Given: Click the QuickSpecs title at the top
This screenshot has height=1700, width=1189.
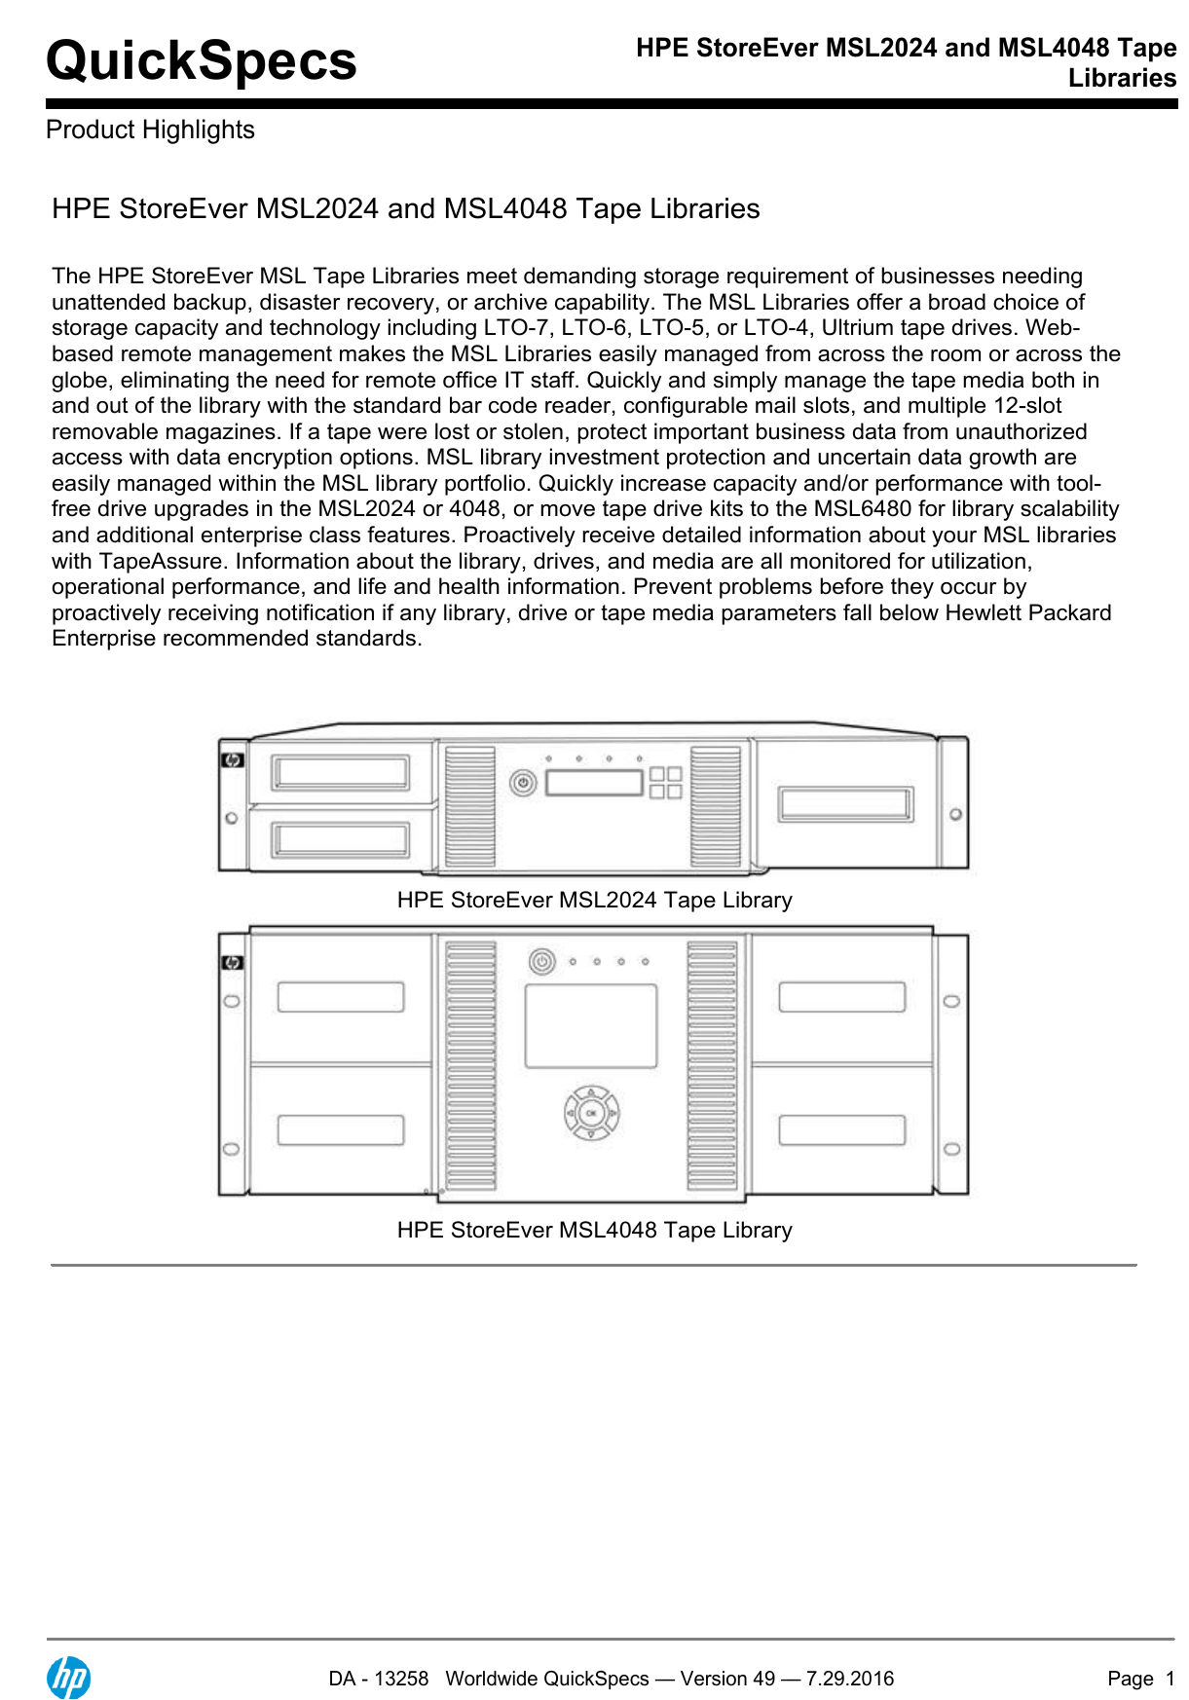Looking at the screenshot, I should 201,60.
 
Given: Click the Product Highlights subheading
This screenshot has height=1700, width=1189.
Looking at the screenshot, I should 150,129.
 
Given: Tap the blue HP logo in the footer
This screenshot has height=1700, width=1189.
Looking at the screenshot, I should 68,1678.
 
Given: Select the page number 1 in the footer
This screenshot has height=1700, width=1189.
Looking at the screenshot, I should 1170,1679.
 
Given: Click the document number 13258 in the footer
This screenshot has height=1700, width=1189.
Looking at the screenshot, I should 401,1679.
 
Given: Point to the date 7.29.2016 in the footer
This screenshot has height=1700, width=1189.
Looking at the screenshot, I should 849,1679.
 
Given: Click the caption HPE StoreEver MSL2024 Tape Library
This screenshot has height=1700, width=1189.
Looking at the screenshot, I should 594,900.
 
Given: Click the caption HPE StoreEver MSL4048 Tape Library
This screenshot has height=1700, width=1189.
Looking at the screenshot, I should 594,1230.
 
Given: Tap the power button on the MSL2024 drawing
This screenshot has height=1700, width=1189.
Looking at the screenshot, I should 523,783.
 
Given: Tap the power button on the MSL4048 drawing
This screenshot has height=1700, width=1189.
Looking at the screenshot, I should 542,962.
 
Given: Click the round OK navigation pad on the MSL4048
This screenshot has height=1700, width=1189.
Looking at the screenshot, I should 591,1113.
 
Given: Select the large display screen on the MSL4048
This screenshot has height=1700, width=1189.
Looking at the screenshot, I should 591,1025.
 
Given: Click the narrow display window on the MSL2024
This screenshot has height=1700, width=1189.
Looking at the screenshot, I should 594,782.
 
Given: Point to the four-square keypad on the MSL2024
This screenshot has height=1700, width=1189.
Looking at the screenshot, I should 666,782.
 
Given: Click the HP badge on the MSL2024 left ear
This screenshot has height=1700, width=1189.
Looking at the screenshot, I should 233,760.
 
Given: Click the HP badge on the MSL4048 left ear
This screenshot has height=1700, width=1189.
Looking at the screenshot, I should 232,963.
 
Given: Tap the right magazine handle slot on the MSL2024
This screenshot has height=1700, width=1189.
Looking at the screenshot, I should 845,805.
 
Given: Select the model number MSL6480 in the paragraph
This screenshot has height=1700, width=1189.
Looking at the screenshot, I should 862,509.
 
